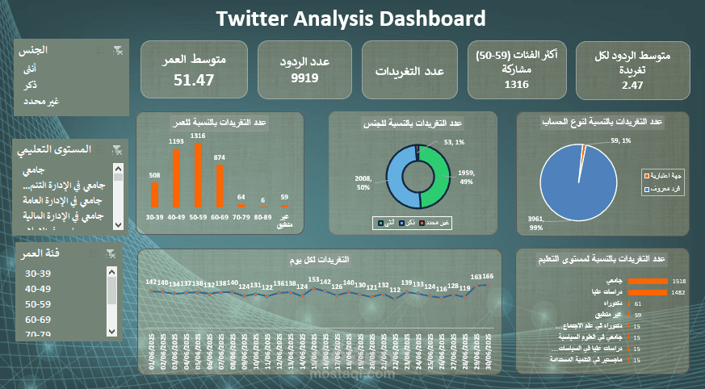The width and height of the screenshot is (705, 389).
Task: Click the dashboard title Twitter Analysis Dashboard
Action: [352, 19]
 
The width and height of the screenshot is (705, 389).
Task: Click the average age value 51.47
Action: [194, 80]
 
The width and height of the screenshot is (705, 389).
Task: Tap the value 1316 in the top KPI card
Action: [516, 84]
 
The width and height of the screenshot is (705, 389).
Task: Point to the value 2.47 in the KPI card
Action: [632, 85]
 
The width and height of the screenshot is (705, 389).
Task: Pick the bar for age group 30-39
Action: [154, 194]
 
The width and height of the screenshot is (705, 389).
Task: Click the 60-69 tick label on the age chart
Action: [219, 217]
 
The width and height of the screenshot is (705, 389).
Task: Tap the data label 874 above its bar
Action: [219, 158]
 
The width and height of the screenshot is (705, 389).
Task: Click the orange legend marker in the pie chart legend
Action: [645, 174]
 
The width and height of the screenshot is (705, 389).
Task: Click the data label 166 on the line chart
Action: [489, 276]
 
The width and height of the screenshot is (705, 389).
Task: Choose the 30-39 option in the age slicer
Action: [38, 274]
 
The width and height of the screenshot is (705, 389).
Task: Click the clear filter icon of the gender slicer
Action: [118, 51]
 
